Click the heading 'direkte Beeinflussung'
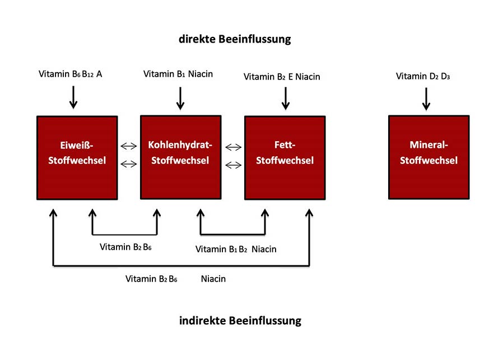point(235,39)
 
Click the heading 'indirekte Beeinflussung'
point(240,321)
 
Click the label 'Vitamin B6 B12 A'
point(70,74)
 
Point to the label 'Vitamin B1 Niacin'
point(178,74)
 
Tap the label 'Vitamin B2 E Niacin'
point(282,77)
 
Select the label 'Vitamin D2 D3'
point(423,76)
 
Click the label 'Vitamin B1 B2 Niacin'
point(236,249)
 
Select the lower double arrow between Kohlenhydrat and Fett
point(234,165)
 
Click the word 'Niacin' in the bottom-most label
point(213,278)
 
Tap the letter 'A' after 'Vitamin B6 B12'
point(99,74)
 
